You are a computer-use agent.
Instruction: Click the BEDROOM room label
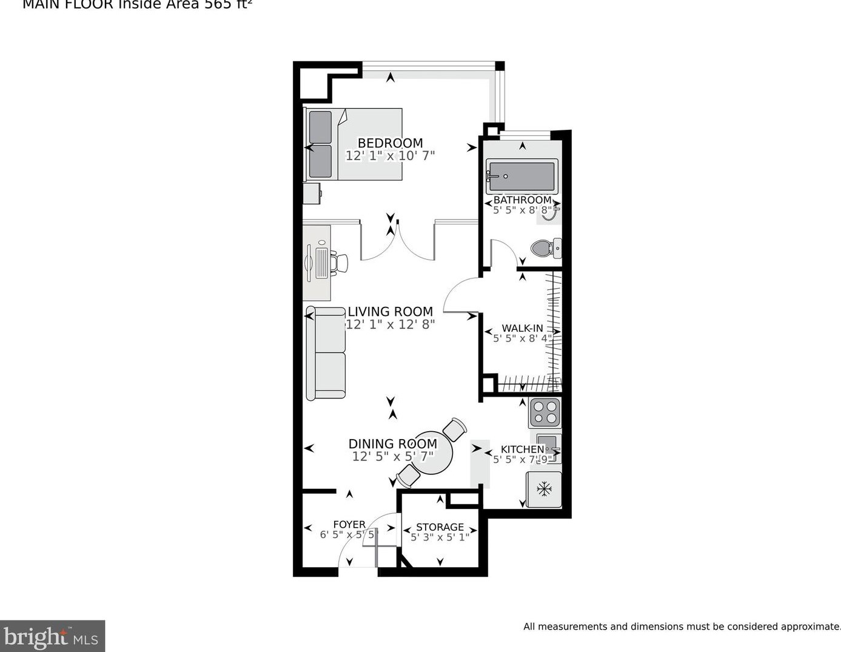390,143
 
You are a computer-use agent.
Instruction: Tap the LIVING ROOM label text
390,312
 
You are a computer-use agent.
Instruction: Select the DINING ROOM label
392,444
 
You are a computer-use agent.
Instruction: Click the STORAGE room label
440,527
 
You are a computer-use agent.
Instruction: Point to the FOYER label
349,524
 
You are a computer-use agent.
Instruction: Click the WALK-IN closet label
522,328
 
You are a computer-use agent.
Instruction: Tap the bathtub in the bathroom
521,176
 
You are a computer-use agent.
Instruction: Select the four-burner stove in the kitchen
544,412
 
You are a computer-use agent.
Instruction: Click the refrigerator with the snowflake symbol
544,489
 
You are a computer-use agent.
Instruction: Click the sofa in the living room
326,353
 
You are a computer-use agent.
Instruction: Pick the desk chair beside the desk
338,263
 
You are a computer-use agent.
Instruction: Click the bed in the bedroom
354,144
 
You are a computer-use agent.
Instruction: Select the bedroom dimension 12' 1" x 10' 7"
390,156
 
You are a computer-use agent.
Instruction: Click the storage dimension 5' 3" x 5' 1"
440,537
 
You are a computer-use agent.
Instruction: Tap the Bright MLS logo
52,636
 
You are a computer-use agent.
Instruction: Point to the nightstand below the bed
312,194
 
